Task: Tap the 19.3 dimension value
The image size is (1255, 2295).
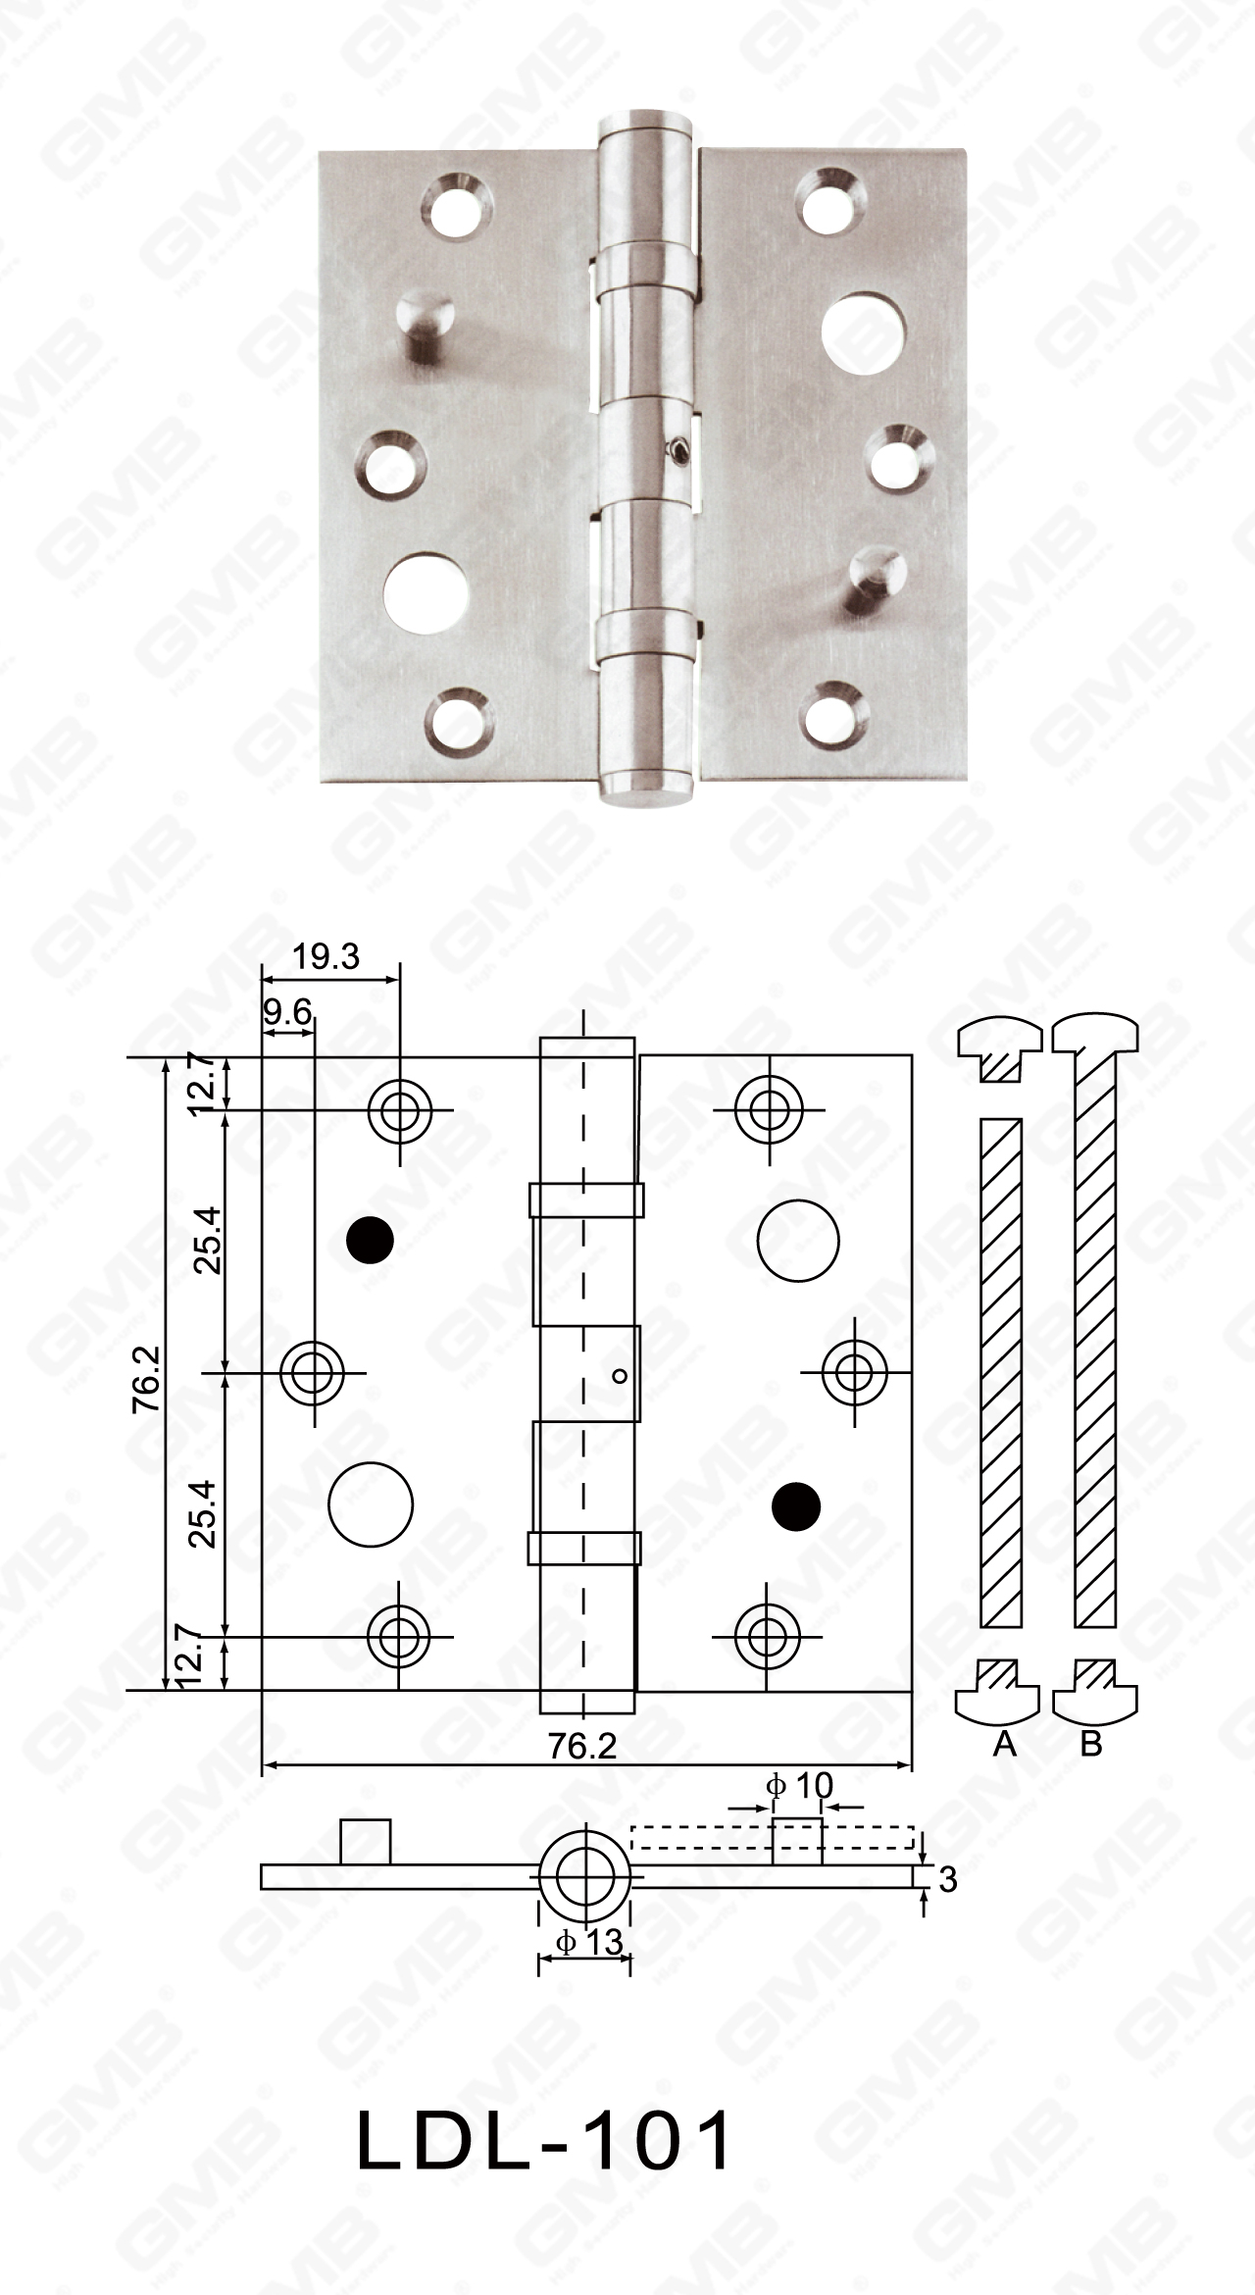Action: pyautogui.click(x=326, y=956)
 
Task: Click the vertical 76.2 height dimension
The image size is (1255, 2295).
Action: pyautogui.click(x=147, y=1381)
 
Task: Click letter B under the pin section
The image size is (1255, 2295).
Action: pyautogui.click(x=1091, y=1743)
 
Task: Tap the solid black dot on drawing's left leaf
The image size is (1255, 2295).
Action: pyautogui.click(x=371, y=1240)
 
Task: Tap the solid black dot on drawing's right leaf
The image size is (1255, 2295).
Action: pyautogui.click(x=795, y=1504)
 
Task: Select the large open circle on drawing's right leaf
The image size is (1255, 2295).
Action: pyautogui.click(x=798, y=1240)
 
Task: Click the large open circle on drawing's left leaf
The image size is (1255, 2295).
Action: pyautogui.click(x=371, y=1504)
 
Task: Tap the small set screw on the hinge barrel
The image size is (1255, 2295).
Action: pyautogui.click(x=677, y=449)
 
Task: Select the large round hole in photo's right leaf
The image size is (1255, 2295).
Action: pyautogui.click(x=854, y=331)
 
